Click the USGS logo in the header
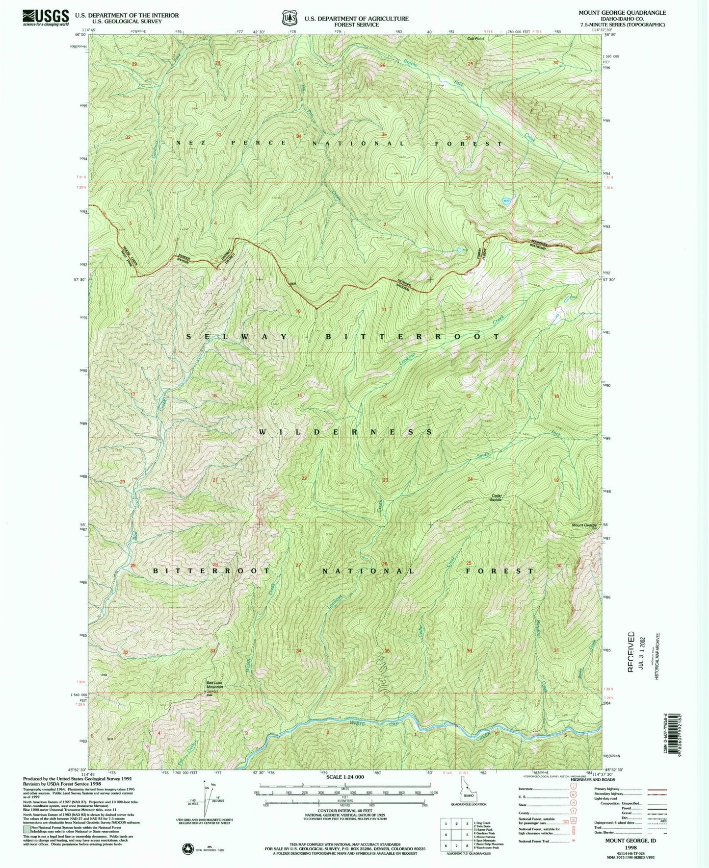45,18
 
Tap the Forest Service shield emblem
290,18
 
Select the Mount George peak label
584,525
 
